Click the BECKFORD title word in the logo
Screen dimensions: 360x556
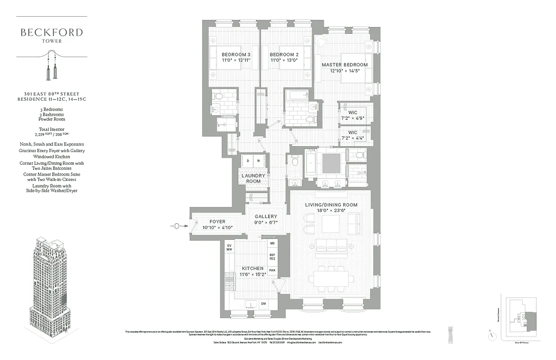click(x=51, y=32)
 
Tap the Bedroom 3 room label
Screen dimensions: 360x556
click(x=236, y=55)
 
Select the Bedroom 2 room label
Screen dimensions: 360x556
click(x=284, y=55)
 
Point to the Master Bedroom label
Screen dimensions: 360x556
click(x=345, y=65)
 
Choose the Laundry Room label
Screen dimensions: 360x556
click(x=253, y=178)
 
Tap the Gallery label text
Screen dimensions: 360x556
click(x=266, y=216)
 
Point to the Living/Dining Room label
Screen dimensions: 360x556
click(x=331, y=205)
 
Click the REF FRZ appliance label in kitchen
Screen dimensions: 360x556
click(x=272, y=257)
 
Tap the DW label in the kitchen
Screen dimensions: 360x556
click(x=263, y=304)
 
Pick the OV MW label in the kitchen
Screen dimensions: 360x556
click(x=229, y=247)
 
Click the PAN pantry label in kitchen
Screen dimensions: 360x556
click(x=272, y=271)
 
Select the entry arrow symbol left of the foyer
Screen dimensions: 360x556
click(x=177, y=226)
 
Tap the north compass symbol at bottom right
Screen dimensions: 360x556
click(x=493, y=335)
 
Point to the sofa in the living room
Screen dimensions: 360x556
click(x=331, y=245)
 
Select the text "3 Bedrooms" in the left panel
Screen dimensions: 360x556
click(x=51, y=109)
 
